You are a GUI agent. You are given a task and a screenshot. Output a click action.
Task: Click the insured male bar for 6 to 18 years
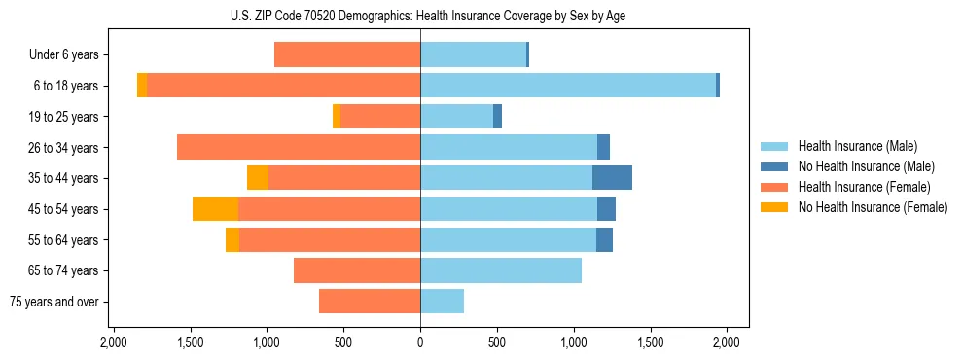568,86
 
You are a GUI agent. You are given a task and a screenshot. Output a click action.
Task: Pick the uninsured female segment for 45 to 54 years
215,209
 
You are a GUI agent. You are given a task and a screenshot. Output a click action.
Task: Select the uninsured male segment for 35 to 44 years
612,178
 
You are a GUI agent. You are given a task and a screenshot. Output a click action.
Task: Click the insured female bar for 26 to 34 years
299,147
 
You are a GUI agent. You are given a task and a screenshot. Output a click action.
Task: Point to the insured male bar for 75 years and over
442,302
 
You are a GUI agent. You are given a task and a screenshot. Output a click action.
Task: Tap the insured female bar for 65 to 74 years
357,270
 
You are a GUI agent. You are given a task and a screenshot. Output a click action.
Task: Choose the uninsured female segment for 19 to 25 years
337,117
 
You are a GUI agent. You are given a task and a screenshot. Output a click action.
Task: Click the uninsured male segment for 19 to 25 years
497,117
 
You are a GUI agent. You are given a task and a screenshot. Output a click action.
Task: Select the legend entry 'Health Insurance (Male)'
857,146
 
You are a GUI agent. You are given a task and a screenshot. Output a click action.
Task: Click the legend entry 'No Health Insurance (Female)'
873,207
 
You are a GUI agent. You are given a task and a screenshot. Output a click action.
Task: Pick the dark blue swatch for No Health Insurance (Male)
775,166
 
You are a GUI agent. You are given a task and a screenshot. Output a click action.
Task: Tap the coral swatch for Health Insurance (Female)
775,187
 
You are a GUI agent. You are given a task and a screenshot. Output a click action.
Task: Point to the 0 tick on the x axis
420,342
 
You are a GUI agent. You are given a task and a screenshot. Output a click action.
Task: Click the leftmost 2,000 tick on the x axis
113,342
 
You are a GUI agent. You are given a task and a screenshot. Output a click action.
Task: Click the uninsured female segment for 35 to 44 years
258,178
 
